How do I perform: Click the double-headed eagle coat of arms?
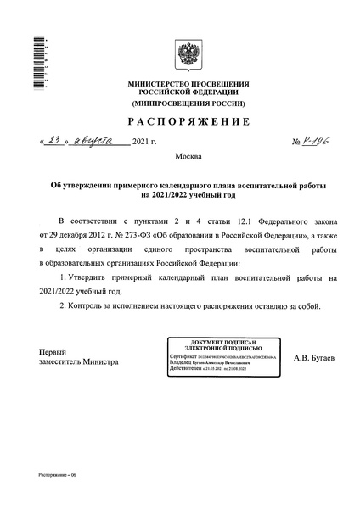188,56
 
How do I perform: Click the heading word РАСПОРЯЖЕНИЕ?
188,120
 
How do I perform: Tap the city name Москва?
188,159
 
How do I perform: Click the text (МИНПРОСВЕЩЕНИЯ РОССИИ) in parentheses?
188,103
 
